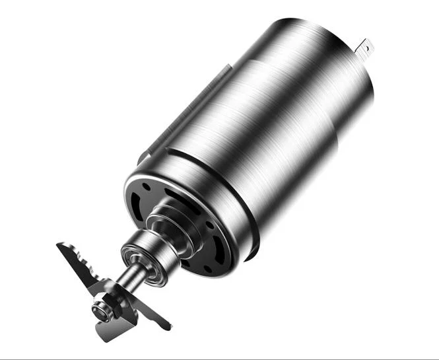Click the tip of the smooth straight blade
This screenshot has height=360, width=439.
coord(170,327)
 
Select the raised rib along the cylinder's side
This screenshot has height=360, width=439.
coord(191,106)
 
